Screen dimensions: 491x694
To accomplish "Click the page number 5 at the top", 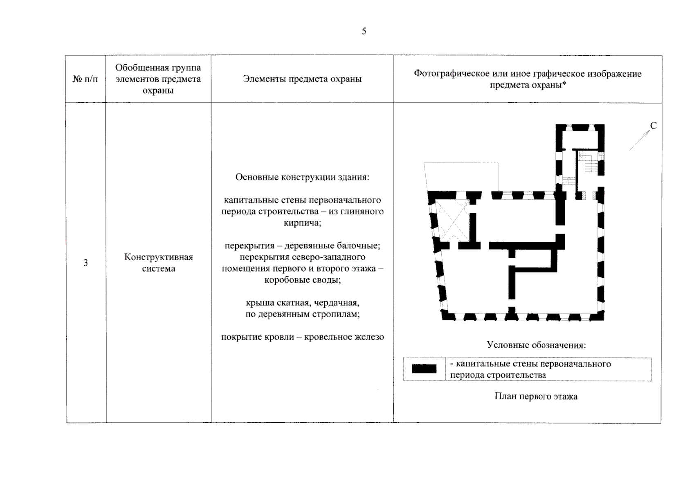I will pos(364,32).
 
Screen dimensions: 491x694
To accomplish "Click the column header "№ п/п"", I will pos(85,79).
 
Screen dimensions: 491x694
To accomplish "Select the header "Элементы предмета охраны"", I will pos(302,79).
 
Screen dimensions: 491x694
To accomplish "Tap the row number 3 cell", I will pos(85,263).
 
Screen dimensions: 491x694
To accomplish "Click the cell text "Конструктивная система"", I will pos(158,263).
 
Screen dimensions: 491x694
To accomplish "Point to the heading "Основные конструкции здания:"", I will pos(302,177).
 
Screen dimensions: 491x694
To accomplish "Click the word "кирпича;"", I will pos(302,223).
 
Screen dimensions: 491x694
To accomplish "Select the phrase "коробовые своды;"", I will pos(302,280).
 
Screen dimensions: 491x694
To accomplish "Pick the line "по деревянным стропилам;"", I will pos(302,315).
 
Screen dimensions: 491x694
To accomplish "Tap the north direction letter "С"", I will pos(653,126).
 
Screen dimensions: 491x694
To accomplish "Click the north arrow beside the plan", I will pos(639,140).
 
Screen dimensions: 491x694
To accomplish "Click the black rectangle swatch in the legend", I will pos(424,369).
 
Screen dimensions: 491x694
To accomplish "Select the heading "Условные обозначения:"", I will pos(536,345).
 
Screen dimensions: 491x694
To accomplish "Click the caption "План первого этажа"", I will pos(536,396).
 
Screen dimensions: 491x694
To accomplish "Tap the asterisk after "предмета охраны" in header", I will pos(564,85).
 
